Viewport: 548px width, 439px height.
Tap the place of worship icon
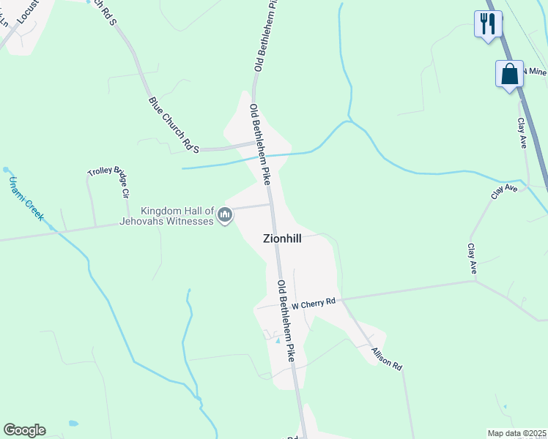pyautogui.click(x=225, y=215)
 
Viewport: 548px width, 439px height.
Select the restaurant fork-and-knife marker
pyautogui.click(x=486, y=23)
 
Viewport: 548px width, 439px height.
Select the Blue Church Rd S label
pyautogui.click(x=174, y=125)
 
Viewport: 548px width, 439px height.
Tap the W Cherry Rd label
pyautogui.click(x=313, y=302)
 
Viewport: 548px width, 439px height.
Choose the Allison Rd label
pyautogui.click(x=387, y=358)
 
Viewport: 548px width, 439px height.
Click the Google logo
pyautogui.click(x=24, y=430)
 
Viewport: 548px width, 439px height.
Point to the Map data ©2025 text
pyautogui.click(x=517, y=433)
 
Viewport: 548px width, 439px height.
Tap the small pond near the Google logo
pyautogui.click(x=73, y=423)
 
